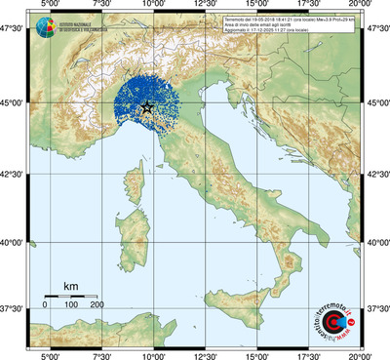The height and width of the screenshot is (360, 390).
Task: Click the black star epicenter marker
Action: [147, 107]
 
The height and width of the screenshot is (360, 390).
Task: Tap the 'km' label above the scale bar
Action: [71, 286]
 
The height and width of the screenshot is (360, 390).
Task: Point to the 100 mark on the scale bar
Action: [71, 305]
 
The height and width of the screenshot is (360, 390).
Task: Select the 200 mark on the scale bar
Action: [97, 305]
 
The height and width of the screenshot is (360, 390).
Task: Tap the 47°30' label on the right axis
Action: [376, 28]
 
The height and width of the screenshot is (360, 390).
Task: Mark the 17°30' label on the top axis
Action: [308, 6]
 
